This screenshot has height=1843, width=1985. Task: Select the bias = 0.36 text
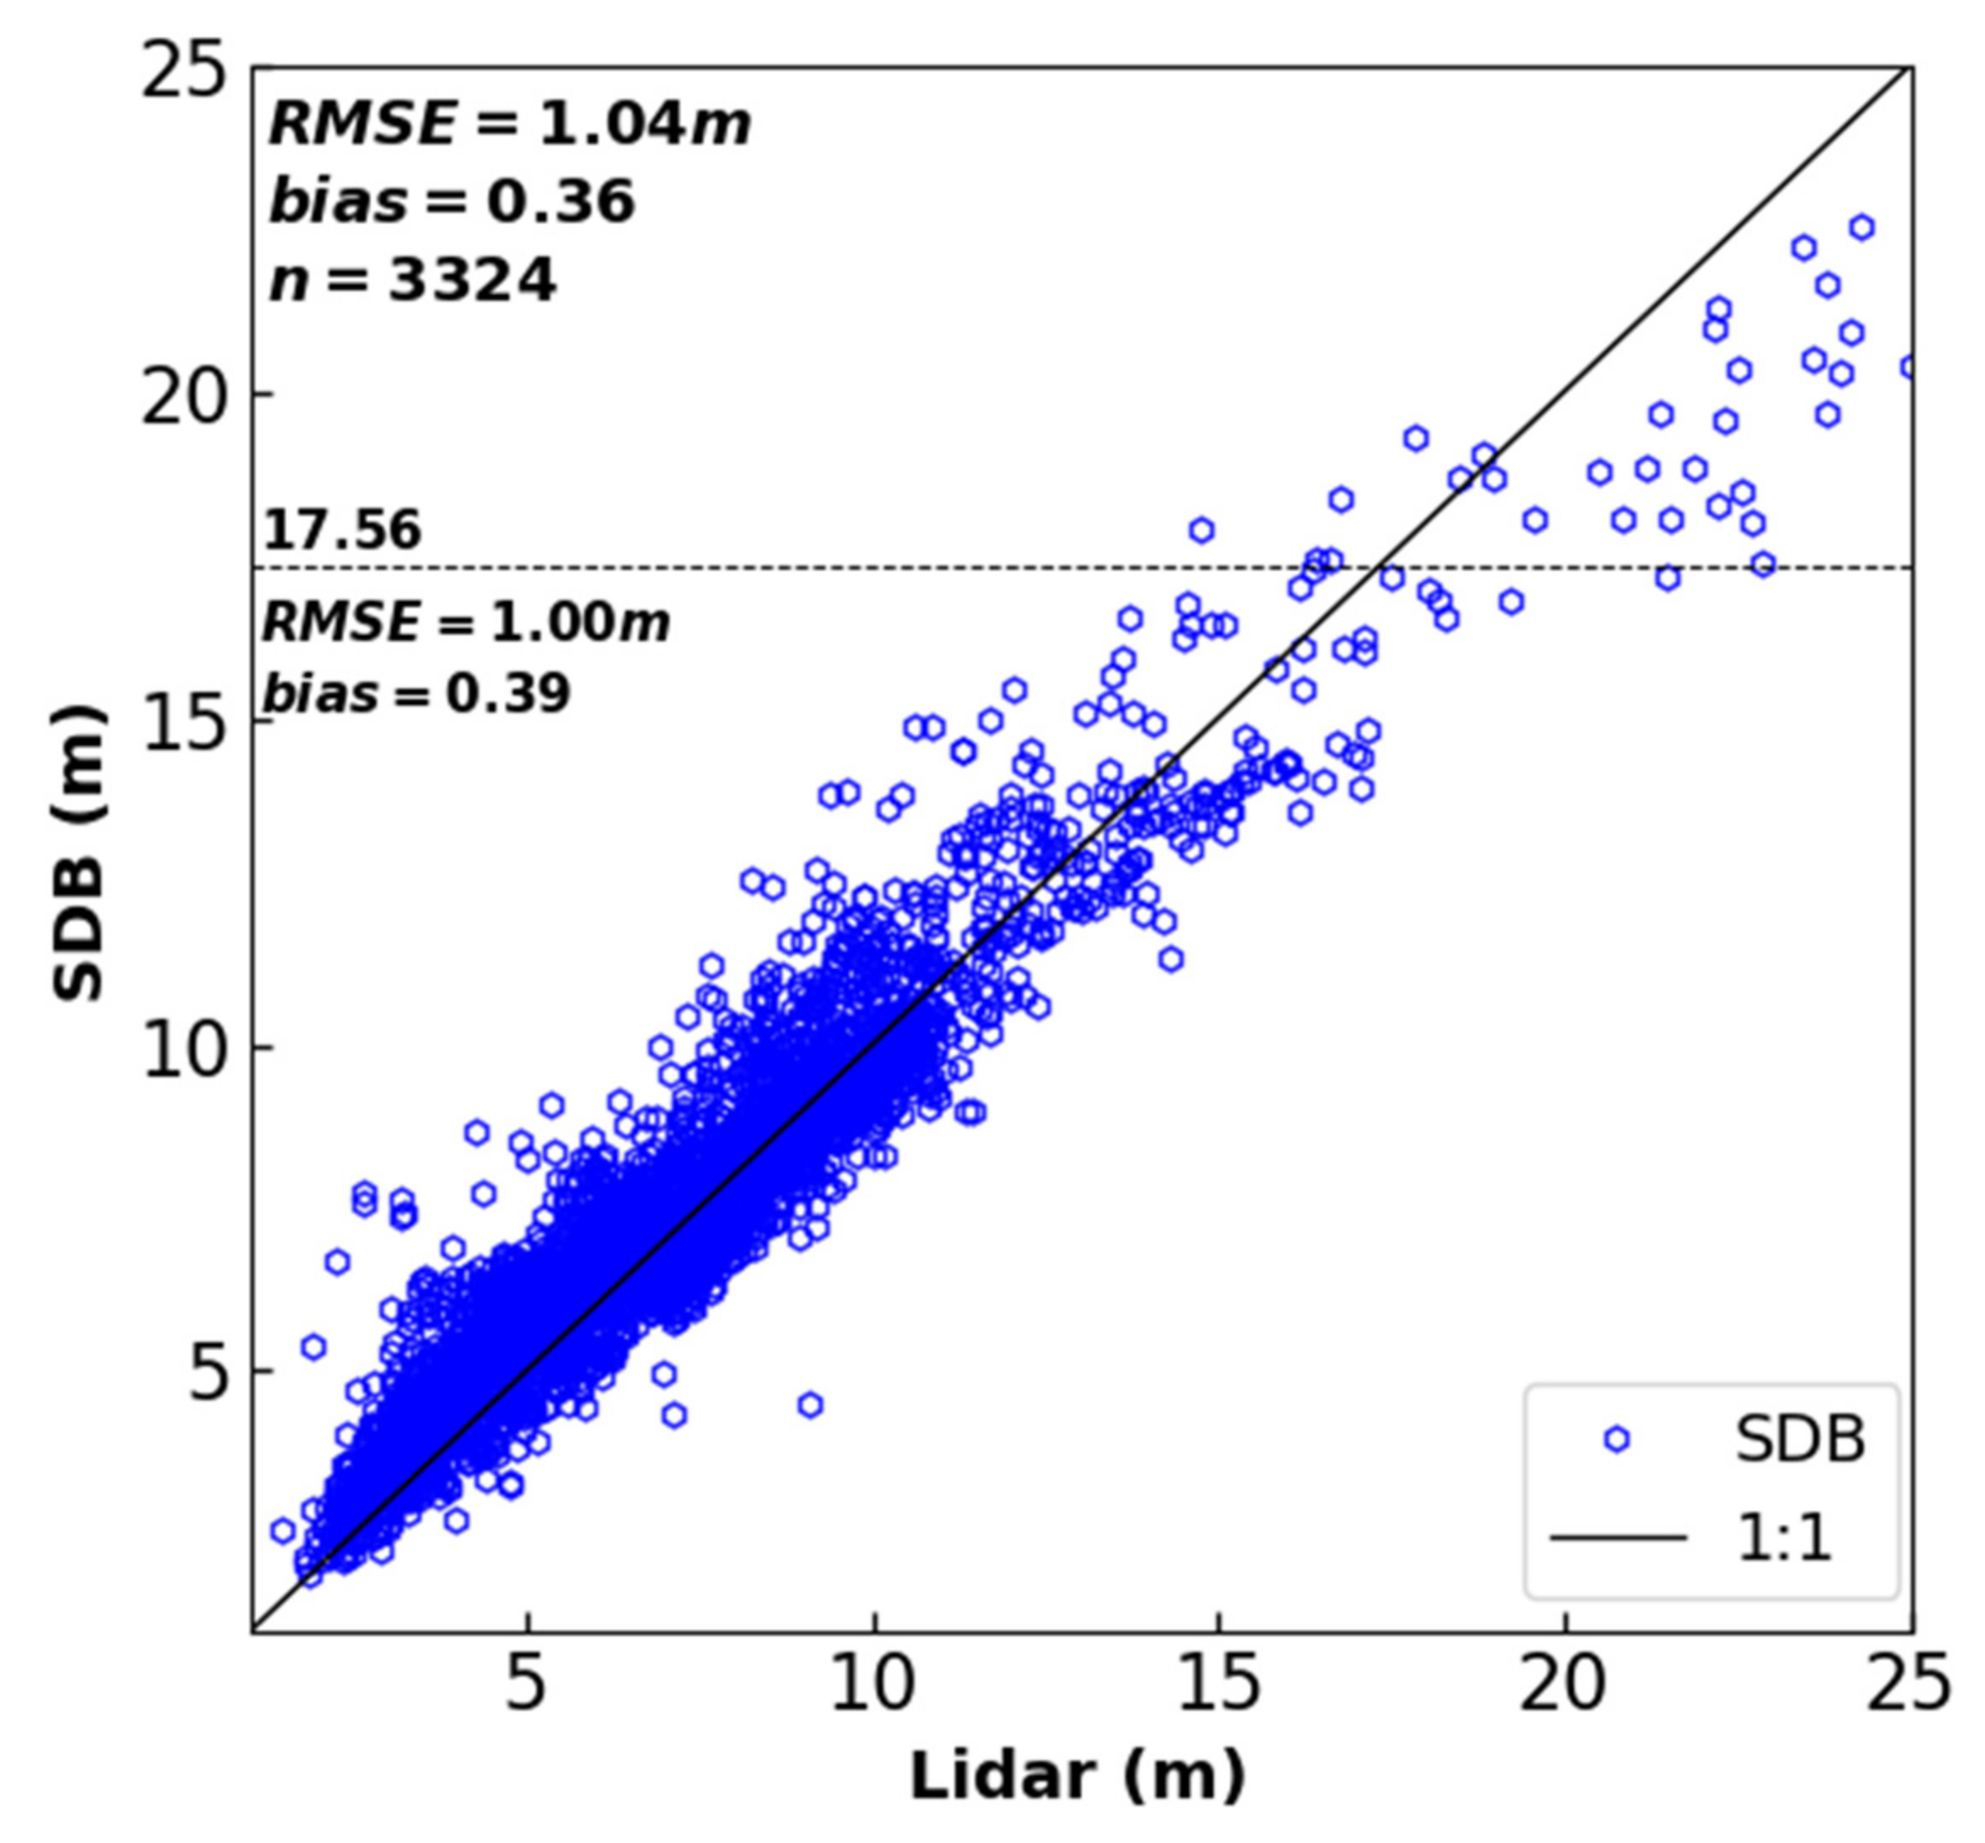pyautogui.click(x=451, y=202)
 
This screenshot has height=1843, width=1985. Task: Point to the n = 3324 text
pyautogui.click(x=412, y=280)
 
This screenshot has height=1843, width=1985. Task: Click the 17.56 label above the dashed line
pyautogui.click(x=342, y=529)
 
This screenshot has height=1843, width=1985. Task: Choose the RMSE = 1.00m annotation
pyautogui.click(x=466, y=624)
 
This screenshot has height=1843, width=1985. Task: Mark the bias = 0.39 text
pyautogui.click(x=416, y=693)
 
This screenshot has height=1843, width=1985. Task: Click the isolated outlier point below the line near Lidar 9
pyautogui.click(x=810, y=1405)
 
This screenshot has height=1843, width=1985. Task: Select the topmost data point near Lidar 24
pyautogui.click(x=1861, y=227)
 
